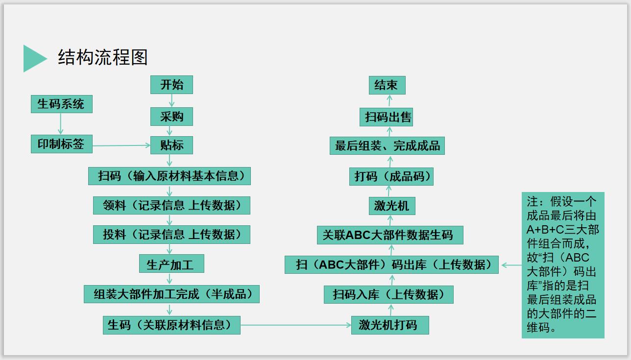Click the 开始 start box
click(x=171, y=85)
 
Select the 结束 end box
click(x=387, y=85)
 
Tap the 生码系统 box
click(x=61, y=104)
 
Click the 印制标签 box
click(x=61, y=144)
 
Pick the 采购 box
click(x=171, y=117)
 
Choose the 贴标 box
click(x=171, y=145)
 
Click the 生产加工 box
click(x=171, y=264)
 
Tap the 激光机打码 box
click(x=389, y=325)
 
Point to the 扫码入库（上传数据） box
click(x=388, y=294)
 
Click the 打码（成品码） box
click(x=391, y=176)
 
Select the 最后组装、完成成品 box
click(x=387, y=146)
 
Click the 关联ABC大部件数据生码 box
click(x=389, y=235)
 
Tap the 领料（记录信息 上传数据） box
click(x=171, y=205)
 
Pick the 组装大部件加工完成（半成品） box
click(x=171, y=294)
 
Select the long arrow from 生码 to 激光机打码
click(x=295, y=325)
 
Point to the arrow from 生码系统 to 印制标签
click(x=61, y=124)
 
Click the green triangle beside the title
click(x=33, y=58)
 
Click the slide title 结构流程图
click(x=103, y=58)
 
